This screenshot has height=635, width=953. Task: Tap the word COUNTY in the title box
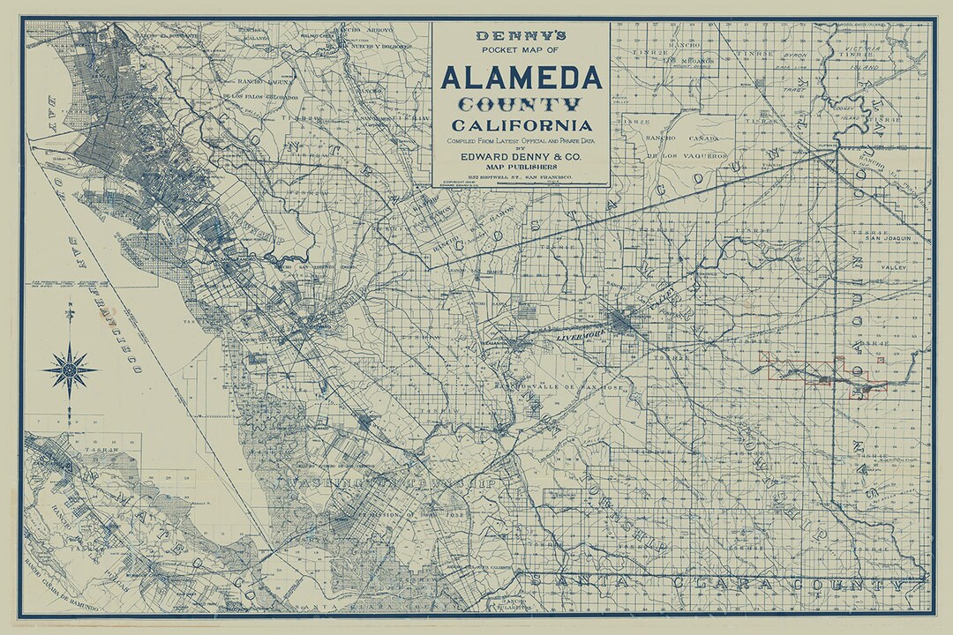pyautogui.click(x=520, y=105)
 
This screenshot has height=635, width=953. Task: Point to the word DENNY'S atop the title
pyautogui.click(x=520, y=36)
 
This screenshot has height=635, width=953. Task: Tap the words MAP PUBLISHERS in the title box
pyautogui.click(x=520, y=167)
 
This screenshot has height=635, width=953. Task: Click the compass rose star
pyautogui.click(x=70, y=369)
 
